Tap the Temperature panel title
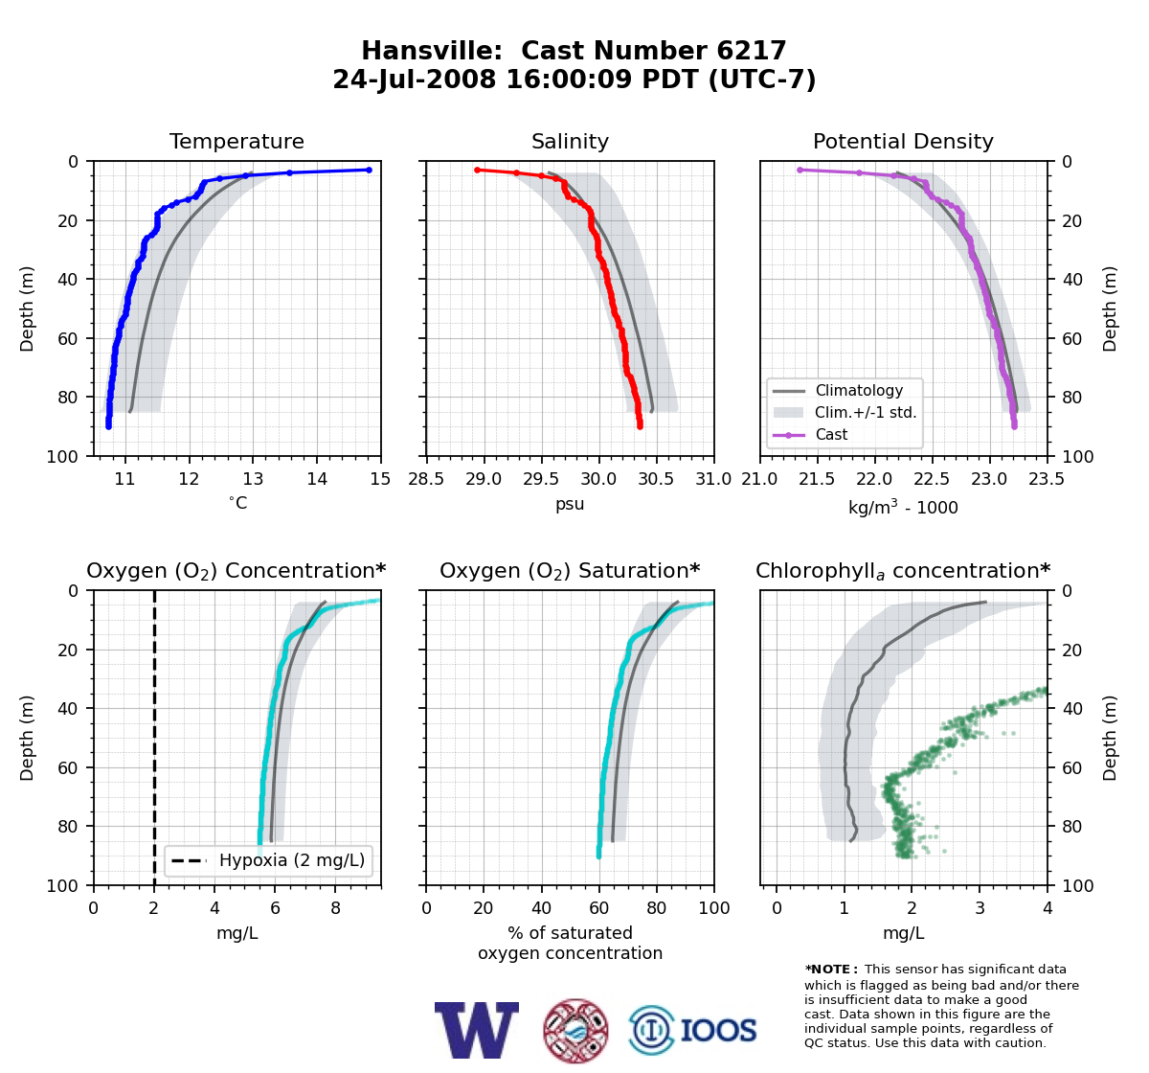click(237, 141)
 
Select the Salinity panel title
click(570, 141)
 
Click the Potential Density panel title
click(903, 141)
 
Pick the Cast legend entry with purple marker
click(811, 434)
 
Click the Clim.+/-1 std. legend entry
click(845, 412)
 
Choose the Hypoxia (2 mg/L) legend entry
click(268, 860)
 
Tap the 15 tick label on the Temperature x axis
click(380, 479)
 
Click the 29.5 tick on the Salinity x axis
click(541, 479)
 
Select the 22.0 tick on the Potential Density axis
click(874, 479)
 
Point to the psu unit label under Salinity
click(570, 504)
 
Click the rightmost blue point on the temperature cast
click(369, 171)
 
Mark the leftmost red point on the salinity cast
click(477, 171)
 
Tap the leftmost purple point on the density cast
click(800, 171)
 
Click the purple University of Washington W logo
click(477, 1030)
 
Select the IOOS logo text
click(718, 1031)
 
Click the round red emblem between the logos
click(575, 1031)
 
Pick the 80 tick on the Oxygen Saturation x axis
click(656, 908)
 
